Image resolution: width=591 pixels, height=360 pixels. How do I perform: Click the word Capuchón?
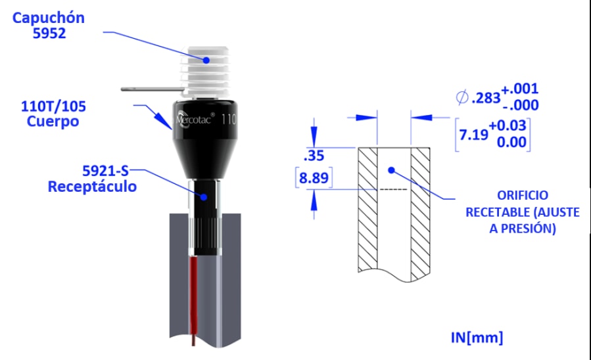click(x=49, y=18)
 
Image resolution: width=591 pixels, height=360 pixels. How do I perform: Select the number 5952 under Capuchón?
click(x=49, y=34)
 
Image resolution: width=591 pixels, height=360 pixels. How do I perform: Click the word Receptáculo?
click(x=92, y=187)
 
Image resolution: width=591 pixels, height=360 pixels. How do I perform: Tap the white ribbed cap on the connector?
click(x=207, y=69)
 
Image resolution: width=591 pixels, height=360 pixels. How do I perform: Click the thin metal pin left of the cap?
click(x=151, y=87)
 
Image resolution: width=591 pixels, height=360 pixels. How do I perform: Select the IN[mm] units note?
click(x=477, y=338)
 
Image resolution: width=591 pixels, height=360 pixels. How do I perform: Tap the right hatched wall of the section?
click(x=421, y=210)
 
